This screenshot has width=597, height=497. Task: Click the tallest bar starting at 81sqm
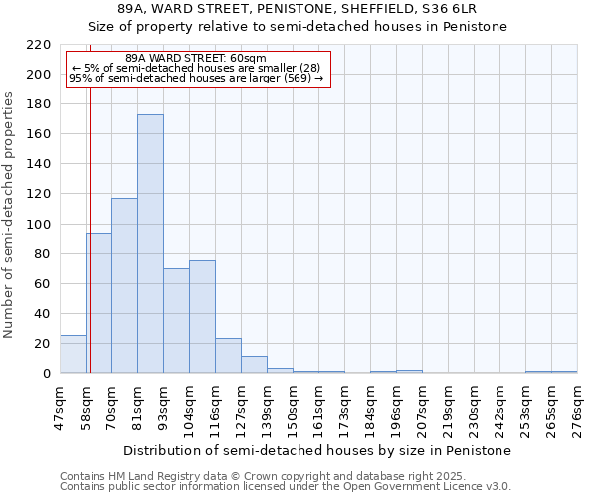(150, 244)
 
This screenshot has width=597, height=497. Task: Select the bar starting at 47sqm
(73, 354)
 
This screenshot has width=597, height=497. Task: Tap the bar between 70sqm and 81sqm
(124, 285)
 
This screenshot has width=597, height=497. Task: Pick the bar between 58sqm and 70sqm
(99, 303)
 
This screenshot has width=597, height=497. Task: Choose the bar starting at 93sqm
(176, 320)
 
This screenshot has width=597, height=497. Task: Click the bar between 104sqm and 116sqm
(202, 317)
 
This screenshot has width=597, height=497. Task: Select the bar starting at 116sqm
(228, 356)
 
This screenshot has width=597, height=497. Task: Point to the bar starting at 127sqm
(254, 364)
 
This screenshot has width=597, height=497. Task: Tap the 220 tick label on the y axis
(39, 45)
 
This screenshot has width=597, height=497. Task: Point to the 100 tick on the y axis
(39, 225)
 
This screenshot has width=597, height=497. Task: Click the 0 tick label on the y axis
(47, 374)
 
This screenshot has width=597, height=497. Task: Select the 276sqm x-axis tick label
(577, 410)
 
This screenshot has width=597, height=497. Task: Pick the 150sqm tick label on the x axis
(293, 410)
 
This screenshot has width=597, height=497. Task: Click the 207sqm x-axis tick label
(422, 410)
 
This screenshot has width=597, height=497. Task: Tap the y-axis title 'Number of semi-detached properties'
(9, 215)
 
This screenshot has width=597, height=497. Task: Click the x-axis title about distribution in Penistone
(317, 450)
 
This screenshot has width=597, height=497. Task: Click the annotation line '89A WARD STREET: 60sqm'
(197, 59)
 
